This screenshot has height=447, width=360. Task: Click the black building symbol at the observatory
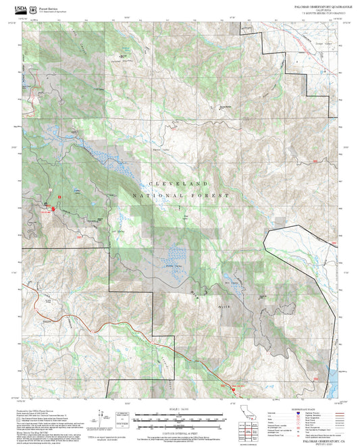pyautogui.click(x=46, y=204)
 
